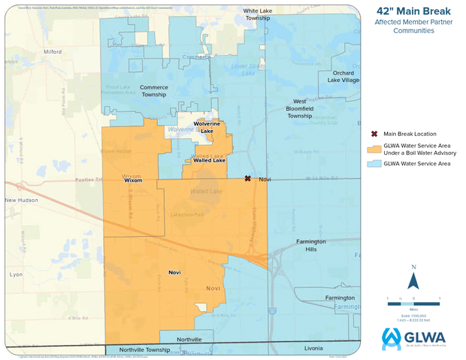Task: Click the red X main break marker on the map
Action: pos(247,179)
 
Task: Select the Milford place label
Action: pos(52,52)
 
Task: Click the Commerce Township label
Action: pos(154,92)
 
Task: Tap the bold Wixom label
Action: pos(132,180)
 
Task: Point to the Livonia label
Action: pos(312,349)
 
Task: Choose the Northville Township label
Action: pos(138,349)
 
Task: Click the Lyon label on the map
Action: pos(16,276)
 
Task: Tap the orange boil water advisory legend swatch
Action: pos(374,149)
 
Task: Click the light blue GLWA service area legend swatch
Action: pos(374,163)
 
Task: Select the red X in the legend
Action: pos(374,134)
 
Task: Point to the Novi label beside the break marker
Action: pos(264,180)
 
